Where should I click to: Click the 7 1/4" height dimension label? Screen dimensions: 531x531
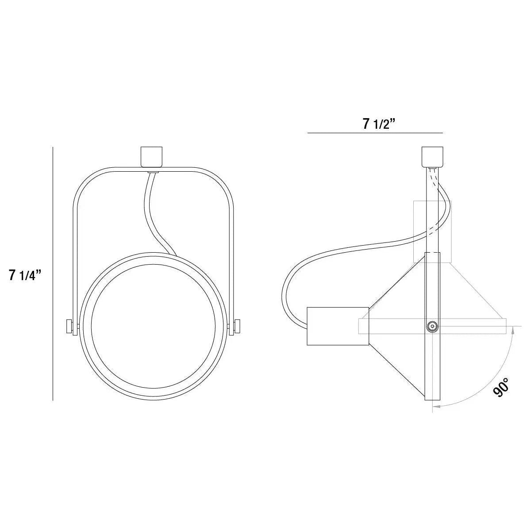[x=25, y=275]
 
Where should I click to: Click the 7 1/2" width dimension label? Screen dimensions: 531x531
[x=378, y=124]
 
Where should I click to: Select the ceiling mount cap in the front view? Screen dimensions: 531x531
[x=152, y=156]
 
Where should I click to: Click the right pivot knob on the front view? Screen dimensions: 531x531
[x=238, y=326]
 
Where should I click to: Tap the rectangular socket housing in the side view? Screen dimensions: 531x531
[x=338, y=326]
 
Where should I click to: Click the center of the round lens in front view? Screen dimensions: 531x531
[x=154, y=327]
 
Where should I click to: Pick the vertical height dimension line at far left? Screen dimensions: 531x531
[x=53, y=274]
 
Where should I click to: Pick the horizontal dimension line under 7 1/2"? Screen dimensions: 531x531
[x=375, y=133]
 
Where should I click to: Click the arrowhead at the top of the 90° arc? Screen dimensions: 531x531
[x=513, y=328]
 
